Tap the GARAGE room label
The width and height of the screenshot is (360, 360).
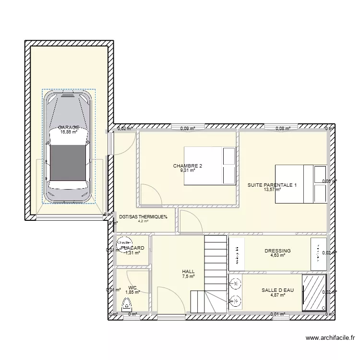pos(69,128)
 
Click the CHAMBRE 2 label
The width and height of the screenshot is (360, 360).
pos(188,166)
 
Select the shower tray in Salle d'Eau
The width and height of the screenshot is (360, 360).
pos(314,292)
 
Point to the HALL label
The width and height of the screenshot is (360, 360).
pos(189,271)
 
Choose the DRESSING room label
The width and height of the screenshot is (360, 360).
pos(277,251)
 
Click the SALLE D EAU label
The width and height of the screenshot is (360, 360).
pos(277,290)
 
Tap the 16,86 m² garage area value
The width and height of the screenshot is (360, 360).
pos(68,132)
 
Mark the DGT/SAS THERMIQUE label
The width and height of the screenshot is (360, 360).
pos(143,216)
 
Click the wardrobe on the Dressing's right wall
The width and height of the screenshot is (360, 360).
pos(318,253)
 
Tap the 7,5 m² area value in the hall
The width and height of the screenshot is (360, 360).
pos(189,276)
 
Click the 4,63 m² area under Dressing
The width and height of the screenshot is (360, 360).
pos(277,255)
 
